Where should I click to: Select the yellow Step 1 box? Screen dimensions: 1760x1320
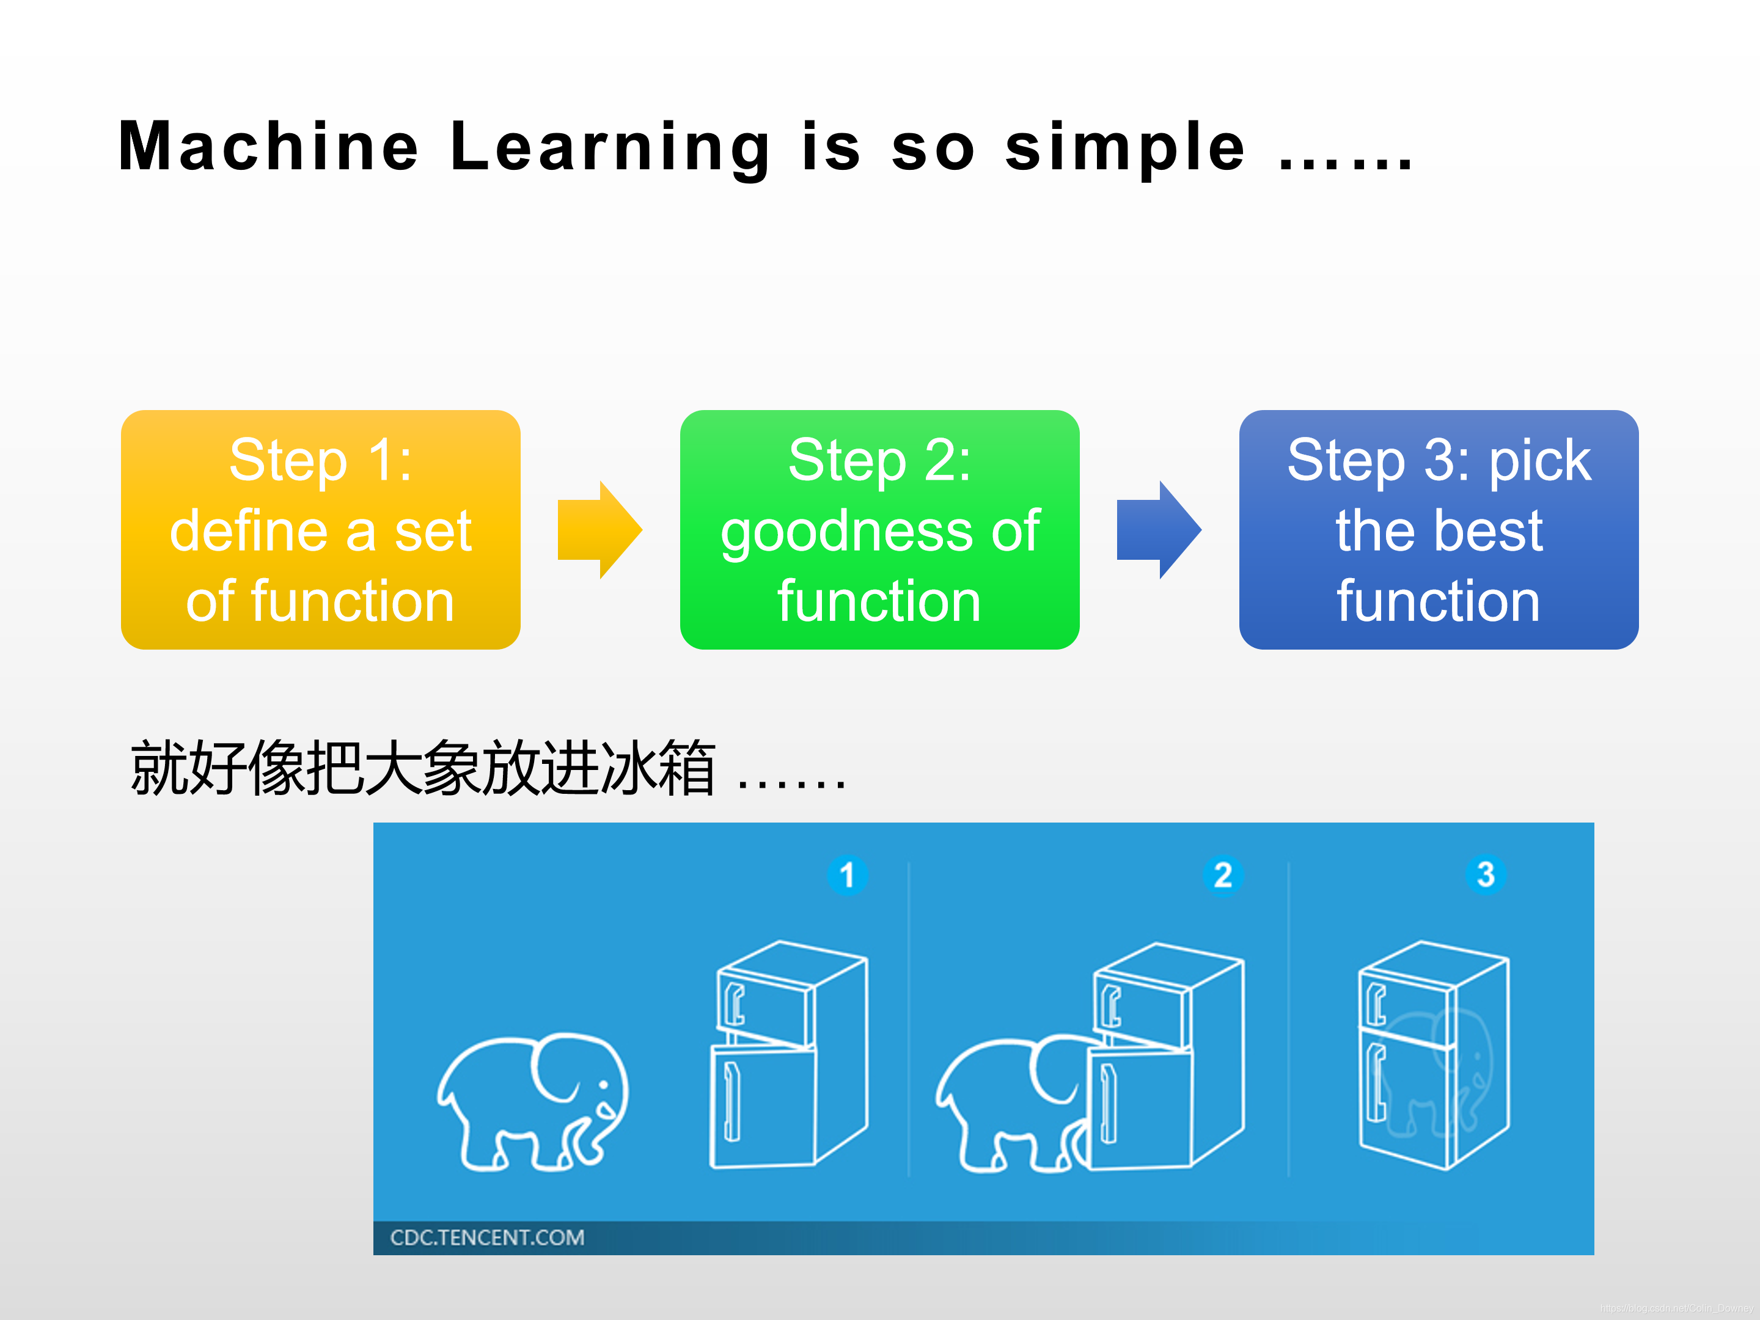[321, 530]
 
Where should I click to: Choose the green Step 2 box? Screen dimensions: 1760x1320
[880, 530]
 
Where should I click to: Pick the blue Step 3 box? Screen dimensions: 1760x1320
[1439, 530]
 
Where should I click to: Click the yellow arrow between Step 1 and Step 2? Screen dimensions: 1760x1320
[600, 530]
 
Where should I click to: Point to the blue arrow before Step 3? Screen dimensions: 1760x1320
[1159, 530]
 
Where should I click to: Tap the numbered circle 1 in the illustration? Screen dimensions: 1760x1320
[848, 875]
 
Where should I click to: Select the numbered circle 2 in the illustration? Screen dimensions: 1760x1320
[1223, 875]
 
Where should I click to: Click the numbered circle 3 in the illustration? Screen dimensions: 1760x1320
[1486, 875]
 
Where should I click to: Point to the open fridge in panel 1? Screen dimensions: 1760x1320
[788, 1054]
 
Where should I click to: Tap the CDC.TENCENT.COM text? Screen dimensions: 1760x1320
[487, 1237]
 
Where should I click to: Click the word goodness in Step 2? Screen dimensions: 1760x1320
[846, 532]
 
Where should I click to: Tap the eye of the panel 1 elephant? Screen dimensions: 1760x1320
[604, 1085]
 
